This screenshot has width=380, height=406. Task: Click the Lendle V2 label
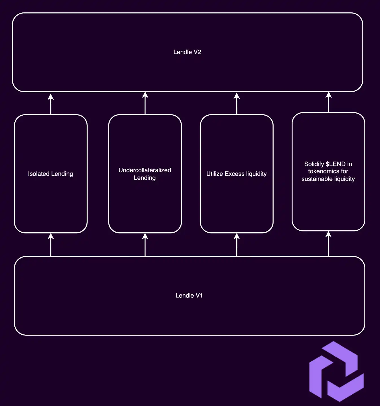[187, 52]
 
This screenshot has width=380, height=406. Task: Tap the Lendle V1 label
[189, 295]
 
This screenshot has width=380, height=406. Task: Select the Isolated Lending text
[51, 174]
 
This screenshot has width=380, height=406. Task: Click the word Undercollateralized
[145, 170]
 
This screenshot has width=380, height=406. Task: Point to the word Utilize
[215, 174]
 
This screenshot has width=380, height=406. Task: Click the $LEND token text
[335, 164]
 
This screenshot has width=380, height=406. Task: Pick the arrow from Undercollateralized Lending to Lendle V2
[145, 103]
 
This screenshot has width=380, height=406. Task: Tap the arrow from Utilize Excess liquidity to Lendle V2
[237, 103]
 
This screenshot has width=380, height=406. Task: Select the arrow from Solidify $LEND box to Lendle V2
[328, 102]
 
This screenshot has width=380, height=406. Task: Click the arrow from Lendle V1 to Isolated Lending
[51, 244]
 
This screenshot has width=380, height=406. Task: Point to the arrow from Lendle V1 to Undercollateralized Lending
[145, 244]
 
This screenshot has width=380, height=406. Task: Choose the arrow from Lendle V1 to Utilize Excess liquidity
[237, 244]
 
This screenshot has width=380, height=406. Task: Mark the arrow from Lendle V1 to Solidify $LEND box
[328, 243]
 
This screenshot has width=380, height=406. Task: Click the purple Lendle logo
[336, 371]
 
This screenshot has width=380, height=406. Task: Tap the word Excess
[235, 174]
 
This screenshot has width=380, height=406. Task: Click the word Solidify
[314, 164]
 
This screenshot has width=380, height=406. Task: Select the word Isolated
[39, 174]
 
